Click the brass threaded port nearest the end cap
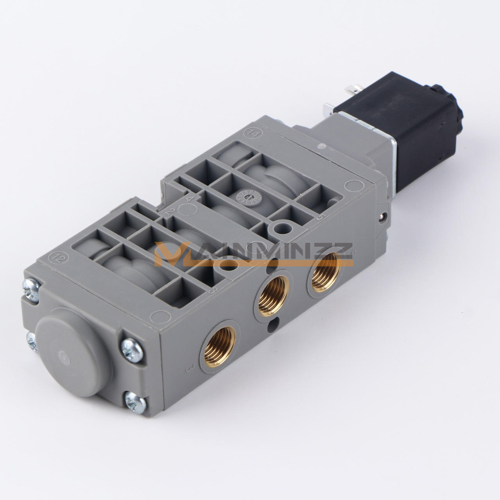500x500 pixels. pos(220,343)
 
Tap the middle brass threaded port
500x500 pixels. pos(274,292)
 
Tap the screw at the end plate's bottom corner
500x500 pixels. pos(135,402)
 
